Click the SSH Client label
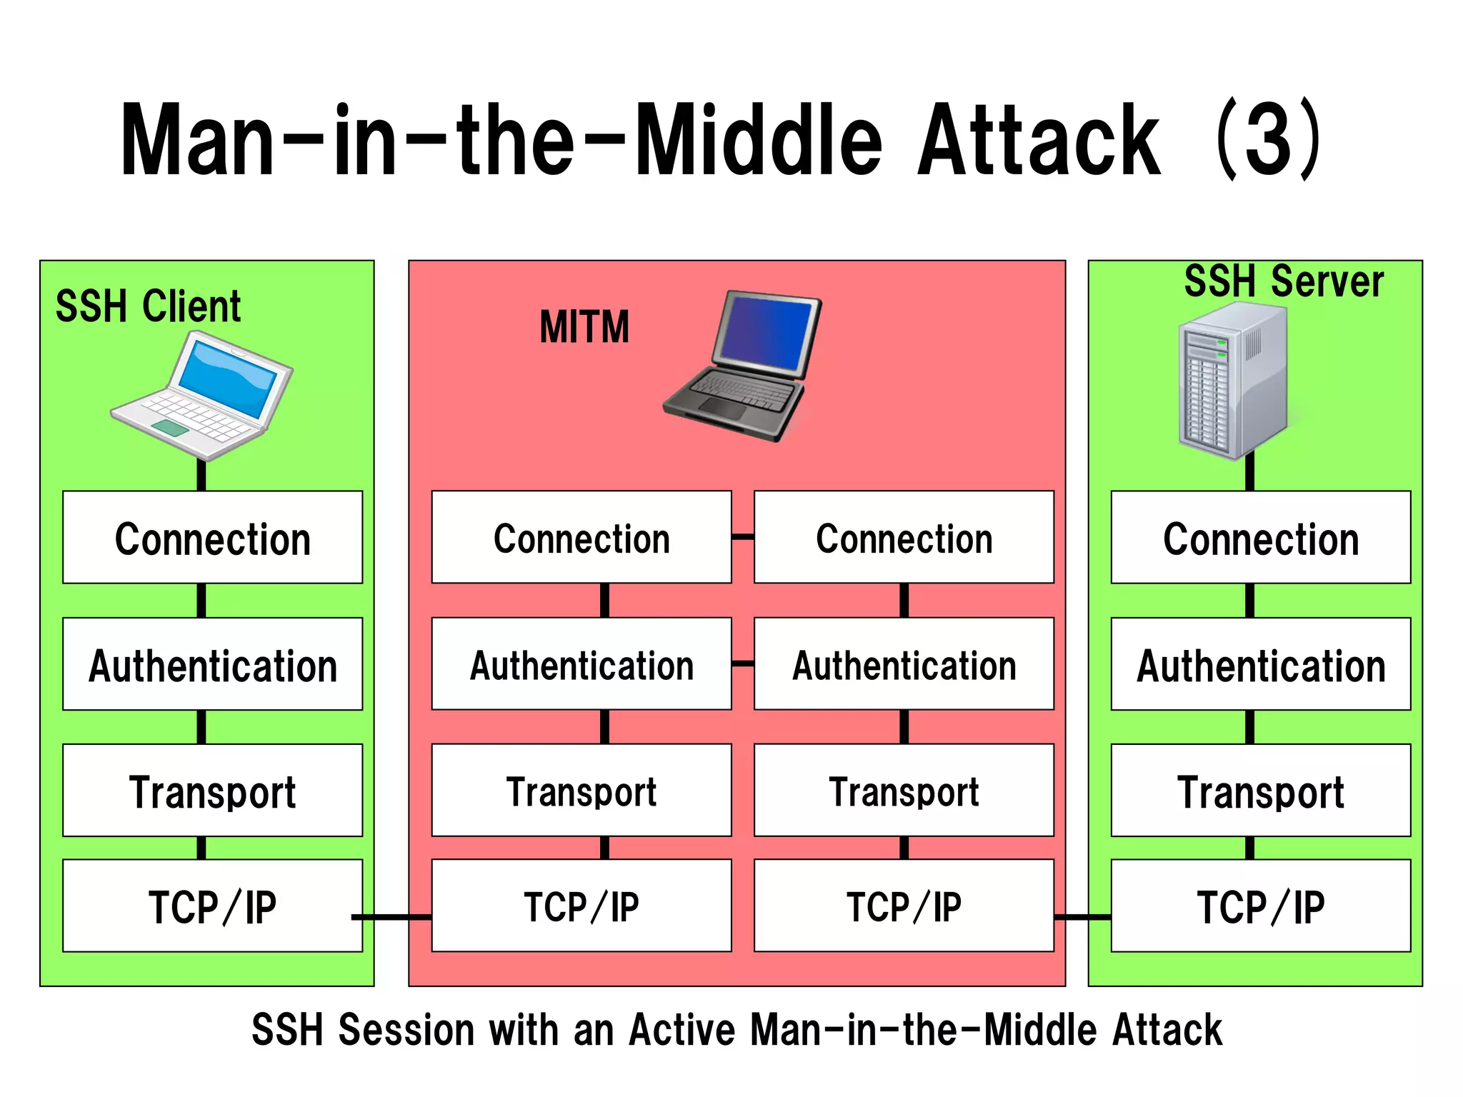click(x=148, y=306)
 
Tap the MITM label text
click(x=584, y=327)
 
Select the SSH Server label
click(x=1284, y=281)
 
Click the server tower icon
click(x=1234, y=380)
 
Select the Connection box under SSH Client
click(x=212, y=538)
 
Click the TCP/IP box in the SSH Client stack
click(x=212, y=906)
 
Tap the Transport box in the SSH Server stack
click(x=1261, y=791)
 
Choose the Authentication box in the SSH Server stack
click(x=1261, y=664)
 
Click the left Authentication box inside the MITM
click(x=581, y=664)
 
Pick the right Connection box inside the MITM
click(x=904, y=538)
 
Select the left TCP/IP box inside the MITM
click(x=581, y=906)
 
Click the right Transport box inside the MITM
click(x=904, y=791)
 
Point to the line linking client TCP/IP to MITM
click(x=391, y=916)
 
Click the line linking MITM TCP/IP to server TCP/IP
click(x=1082, y=916)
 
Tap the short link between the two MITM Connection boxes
click(x=743, y=536)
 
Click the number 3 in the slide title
click(x=1269, y=139)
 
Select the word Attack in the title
click(x=1039, y=139)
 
